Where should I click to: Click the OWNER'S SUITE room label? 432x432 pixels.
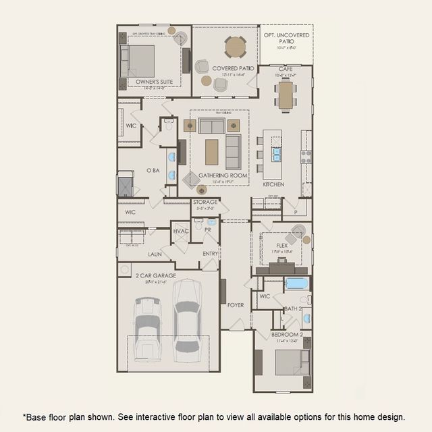coord(154,82)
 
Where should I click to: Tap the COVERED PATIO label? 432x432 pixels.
coord(233,68)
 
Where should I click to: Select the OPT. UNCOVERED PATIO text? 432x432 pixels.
coord(286,38)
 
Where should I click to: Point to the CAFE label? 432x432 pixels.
coord(285,68)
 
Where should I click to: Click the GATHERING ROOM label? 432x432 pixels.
coord(223,175)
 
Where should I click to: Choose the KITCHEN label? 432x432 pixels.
coord(273,184)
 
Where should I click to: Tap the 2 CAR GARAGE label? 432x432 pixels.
coord(155,275)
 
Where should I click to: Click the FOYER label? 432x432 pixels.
coord(236,305)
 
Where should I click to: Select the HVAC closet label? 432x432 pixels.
coord(181,232)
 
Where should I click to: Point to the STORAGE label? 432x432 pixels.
coord(205,202)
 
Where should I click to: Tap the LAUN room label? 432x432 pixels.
coord(155,254)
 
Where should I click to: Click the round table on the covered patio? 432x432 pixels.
coord(235,47)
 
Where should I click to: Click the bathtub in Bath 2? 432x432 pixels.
coord(296,283)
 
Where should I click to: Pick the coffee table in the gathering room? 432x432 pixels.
coord(212,152)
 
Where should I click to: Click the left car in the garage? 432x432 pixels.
coord(147,329)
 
